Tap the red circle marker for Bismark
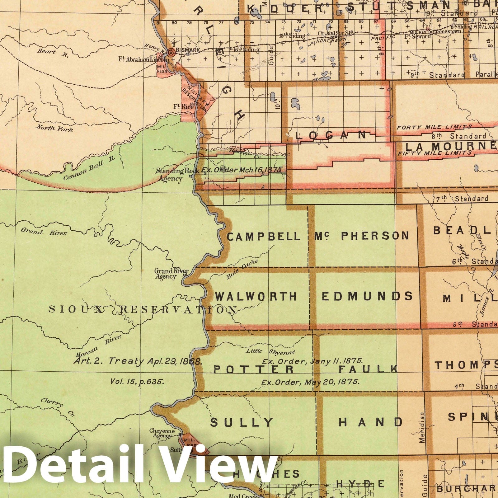[171, 53]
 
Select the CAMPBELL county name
[264, 237]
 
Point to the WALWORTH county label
[256, 296]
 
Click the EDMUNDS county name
[367, 296]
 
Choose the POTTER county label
[254, 369]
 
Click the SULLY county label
[242, 422]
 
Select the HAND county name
[370, 422]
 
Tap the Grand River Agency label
[170, 274]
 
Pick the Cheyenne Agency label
[162, 433]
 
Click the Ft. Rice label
[183, 106]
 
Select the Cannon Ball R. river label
[89, 168]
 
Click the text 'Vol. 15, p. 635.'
[137, 381]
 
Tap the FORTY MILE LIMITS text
[434, 127]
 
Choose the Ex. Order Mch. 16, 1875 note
[242, 170]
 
